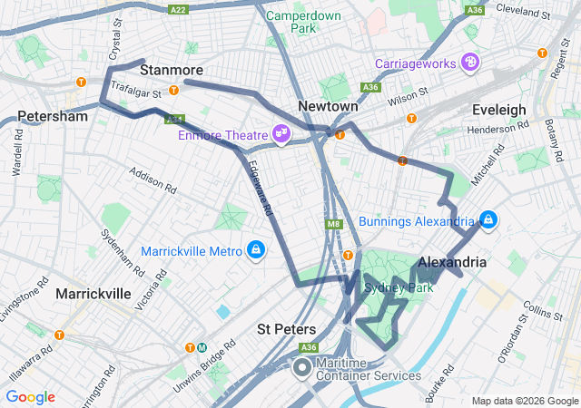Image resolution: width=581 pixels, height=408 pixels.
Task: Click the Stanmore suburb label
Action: (x=172, y=70)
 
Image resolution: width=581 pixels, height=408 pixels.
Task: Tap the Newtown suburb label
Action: (x=329, y=106)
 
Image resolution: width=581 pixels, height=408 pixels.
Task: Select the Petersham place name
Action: (x=53, y=117)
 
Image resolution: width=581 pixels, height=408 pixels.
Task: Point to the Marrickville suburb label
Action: (x=94, y=294)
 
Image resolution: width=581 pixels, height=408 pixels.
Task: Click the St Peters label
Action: (x=287, y=328)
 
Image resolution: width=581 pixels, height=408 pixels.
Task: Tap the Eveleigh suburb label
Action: (x=498, y=110)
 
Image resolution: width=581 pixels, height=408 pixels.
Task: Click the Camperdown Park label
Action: (x=303, y=22)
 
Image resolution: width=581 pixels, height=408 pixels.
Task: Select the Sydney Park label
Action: (x=395, y=288)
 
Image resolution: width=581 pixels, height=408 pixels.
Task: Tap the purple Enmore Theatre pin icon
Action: (x=281, y=134)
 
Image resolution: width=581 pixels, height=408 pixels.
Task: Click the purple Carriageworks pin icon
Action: (x=470, y=63)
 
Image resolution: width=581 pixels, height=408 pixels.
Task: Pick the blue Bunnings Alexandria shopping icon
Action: (x=487, y=220)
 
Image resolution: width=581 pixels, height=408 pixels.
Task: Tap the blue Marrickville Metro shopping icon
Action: (x=257, y=250)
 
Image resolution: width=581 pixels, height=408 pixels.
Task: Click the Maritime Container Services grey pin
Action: (x=302, y=368)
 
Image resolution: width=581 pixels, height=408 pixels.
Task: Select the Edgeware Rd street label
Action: (x=260, y=194)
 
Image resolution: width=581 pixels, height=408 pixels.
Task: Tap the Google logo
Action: (x=31, y=397)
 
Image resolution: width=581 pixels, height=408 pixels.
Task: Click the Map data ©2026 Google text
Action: (x=523, y=401)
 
